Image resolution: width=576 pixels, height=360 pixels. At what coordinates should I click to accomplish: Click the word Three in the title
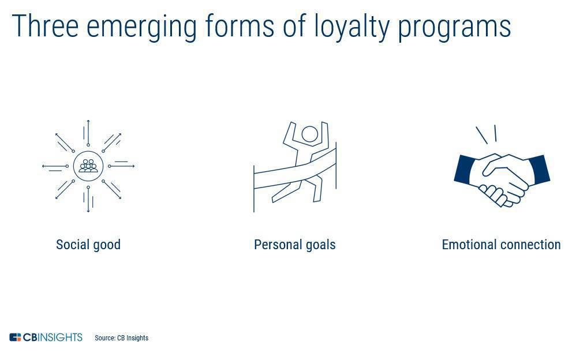click(46, 26)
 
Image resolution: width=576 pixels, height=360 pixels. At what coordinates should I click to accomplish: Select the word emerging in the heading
click(142, 28)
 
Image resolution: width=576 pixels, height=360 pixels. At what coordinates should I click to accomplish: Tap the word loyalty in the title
click(352, 28)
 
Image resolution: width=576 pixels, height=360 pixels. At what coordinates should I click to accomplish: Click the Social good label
click(88, 245)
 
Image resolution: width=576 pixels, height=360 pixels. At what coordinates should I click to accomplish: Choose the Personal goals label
click(294, 245)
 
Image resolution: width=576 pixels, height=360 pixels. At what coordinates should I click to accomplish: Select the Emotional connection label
click(501, 244)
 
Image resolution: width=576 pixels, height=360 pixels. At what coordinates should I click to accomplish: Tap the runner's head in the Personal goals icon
click(310, 134)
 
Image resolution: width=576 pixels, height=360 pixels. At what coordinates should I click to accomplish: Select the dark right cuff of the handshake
click(539, 169)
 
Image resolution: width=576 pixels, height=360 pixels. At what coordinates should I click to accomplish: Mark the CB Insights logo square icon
click(15, 337)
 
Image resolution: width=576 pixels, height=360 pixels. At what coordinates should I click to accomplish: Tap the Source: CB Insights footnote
click(122, 338)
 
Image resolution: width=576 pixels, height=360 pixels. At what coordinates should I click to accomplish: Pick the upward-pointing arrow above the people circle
click(88, 133)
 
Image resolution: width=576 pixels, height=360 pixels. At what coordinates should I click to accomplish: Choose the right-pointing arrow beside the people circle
click(122, 166)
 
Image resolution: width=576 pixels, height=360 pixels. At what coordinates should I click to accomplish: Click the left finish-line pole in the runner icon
click(254, 189)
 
